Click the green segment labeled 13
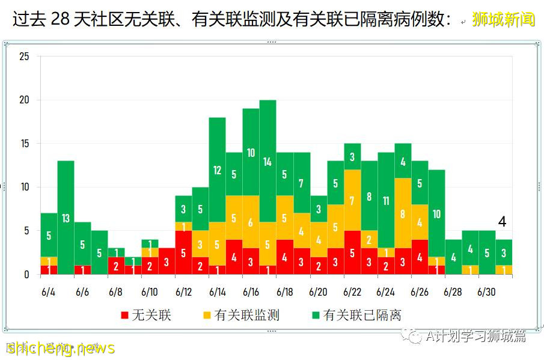[x=66, y=218]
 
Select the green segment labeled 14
[x=268, y=162]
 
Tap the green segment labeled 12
[x=218, y=170]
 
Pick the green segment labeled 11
[x=386, y=201]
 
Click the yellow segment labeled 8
[x=403, y=213]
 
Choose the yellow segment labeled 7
[x=352, y=200]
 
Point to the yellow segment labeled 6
[x=251, y=222]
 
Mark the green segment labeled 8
[x=369, y=196]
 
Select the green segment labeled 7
[x=302, y=183]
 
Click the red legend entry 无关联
[x=146, y=315]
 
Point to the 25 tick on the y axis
[x=24, y=56]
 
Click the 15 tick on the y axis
[x=24, y=144]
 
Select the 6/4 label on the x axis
[x=49, y=292]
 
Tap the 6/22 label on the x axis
[x=352, y=292]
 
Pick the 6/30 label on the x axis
[x=486, y=292]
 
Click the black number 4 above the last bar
[x=503, y=222]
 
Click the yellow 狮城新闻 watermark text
[x=503, y=20]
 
